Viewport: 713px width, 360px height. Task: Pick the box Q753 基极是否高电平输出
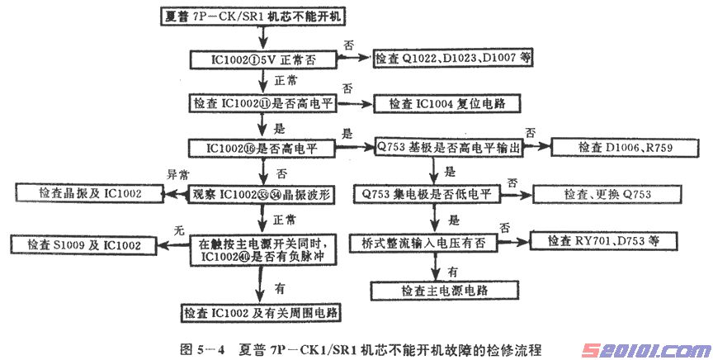437,148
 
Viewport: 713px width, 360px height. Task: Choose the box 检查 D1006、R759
611,148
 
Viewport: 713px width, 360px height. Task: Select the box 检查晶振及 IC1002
90,193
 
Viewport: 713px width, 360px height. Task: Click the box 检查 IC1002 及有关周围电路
261,313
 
